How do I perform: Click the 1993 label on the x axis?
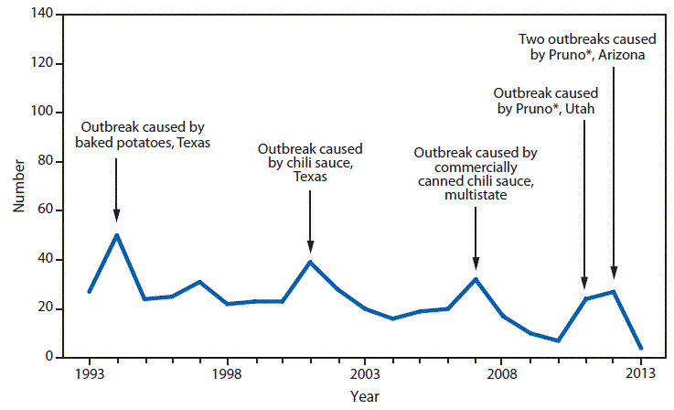tap(89, 374)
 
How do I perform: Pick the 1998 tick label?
tap(227, 374)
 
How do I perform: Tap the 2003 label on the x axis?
tap(365, 374)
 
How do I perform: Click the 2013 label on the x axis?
tap(640, 374)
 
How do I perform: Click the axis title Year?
tap(364, 396)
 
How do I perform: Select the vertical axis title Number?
tap(18, 187)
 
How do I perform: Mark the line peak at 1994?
tap(116, 235)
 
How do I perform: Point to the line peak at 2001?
tap(310, 262)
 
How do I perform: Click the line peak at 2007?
tap(476, 279)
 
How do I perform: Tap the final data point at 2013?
tap(640, 348)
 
